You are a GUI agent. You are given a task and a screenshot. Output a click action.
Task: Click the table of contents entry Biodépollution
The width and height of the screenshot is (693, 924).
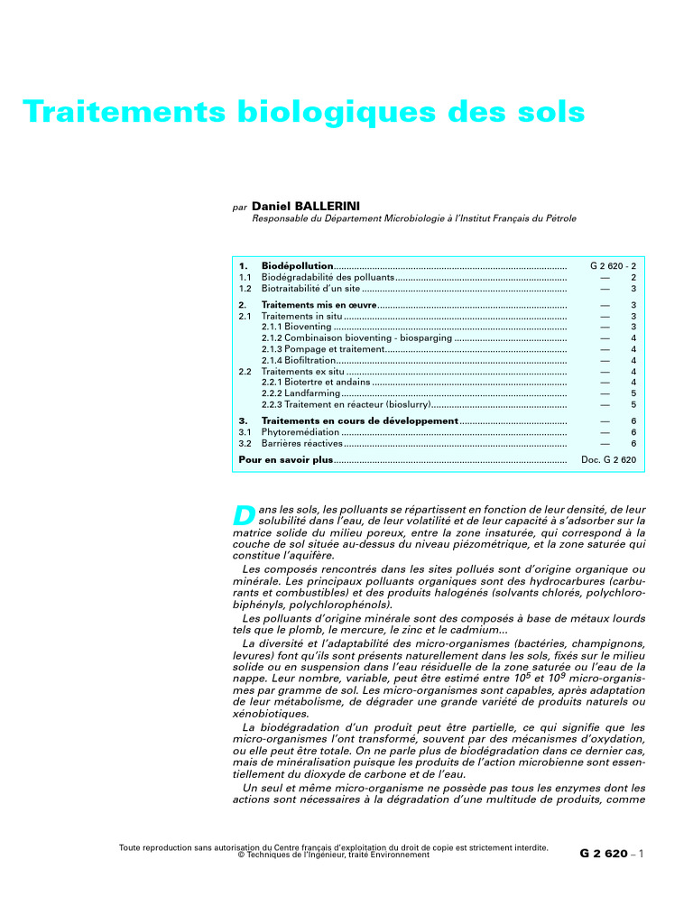[297, 266]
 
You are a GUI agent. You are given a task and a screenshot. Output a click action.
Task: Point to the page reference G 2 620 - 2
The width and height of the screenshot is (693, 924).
[614, 266]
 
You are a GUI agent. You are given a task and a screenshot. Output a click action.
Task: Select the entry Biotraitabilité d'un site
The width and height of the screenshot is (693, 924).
[310, 289]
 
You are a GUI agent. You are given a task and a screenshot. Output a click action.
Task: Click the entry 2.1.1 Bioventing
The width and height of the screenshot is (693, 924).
[284, 327]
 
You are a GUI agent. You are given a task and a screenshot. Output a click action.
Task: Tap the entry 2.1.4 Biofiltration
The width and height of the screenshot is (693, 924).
[288, 360]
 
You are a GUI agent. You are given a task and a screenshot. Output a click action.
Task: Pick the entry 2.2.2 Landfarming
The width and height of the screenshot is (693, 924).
[288, 393]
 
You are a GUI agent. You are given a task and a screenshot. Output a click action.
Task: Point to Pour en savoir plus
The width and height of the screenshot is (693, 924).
[286, 460]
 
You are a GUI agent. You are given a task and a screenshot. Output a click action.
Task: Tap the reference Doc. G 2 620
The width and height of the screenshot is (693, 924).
[609, 460]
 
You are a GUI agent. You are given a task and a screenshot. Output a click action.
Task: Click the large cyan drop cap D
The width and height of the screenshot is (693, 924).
[244, 516]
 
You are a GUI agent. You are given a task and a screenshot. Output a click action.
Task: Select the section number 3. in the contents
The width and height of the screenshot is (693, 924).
[243, 420]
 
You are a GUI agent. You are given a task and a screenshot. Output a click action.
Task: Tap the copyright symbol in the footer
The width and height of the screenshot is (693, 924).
[241, 855]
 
